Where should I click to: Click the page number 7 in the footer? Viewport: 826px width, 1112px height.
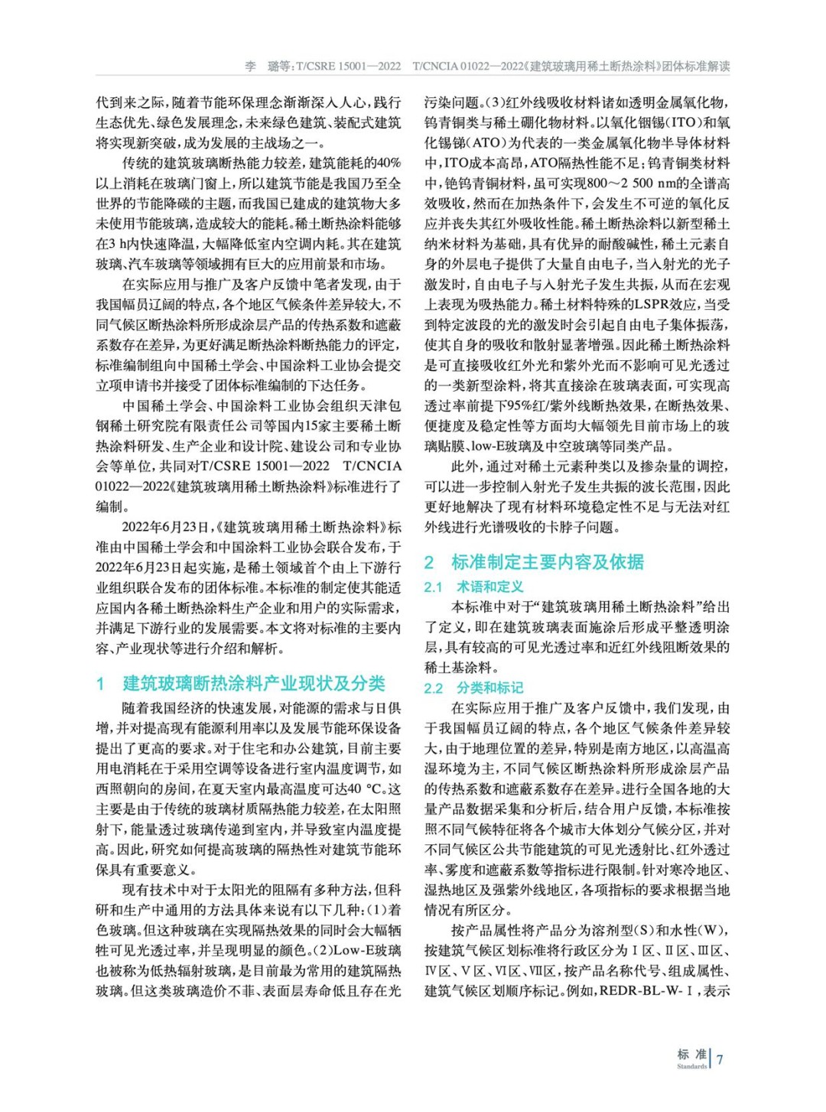(720, 1059)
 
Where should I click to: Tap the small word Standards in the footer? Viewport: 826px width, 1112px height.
(691, 1067)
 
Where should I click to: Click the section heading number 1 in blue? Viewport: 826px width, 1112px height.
(100, 684)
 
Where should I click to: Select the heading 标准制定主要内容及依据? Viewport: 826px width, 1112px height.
(547, 562)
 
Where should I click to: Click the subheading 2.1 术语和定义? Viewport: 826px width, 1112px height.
(473, 587)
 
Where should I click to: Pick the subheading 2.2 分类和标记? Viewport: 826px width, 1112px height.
(473, 688)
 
